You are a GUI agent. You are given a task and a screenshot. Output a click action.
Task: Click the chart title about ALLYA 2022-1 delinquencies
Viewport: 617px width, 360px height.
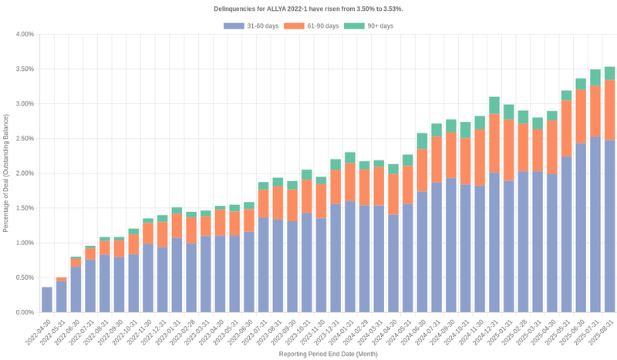(308, 8)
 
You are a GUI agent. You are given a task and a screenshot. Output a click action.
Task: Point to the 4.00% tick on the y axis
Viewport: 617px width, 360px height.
(24, 35)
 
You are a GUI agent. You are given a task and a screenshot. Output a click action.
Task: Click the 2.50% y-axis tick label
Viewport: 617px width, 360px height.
(24, 139)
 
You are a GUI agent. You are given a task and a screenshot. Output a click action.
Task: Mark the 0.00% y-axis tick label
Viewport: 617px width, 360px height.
(24, 312)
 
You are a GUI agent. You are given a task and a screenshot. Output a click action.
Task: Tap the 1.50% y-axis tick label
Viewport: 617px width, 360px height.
(24, 208)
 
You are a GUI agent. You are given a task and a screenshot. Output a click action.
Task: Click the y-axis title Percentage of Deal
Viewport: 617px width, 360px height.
(6, 173)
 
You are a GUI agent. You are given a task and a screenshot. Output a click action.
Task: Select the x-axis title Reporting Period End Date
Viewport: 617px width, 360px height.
(328, 354)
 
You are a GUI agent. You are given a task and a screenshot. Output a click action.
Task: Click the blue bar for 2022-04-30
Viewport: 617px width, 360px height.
(47, 299)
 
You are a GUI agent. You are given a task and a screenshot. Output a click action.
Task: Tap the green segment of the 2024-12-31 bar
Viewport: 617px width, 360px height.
(494, 105)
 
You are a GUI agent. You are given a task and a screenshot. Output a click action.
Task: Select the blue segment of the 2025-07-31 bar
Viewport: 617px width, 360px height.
(595, 224)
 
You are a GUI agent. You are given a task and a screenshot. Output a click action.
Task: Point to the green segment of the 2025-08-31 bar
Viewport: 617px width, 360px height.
(609, 73)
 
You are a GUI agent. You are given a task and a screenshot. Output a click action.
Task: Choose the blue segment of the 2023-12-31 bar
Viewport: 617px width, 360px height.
(335, 257)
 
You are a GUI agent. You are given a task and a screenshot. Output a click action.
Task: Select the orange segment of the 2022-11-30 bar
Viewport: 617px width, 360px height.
(148, 234)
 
